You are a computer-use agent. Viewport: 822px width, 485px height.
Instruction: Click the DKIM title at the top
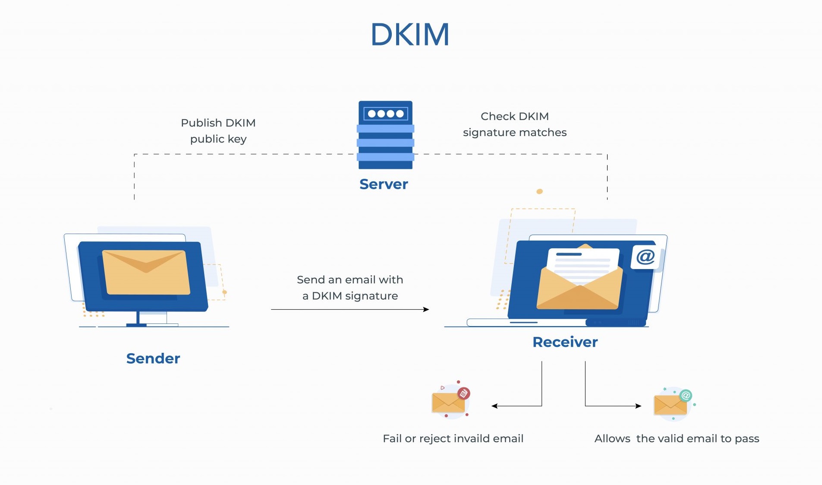[x=410, y=35]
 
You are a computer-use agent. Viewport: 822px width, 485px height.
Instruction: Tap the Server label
[x=384, y=184]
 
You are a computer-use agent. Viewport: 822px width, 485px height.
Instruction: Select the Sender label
[x=153, y=358]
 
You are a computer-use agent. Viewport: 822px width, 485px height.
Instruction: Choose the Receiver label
[x=565, y=342]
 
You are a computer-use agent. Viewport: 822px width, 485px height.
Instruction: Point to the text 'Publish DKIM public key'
[x=218, y=131]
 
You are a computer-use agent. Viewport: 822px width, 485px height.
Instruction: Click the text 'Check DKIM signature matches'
[x=514, y=124]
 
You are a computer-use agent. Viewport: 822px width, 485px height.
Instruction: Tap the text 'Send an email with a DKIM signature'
[x=350, y=288]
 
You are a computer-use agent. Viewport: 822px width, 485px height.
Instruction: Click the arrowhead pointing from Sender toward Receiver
[x=426, y=309]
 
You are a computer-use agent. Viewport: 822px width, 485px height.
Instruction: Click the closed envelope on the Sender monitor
[x=146, y=272]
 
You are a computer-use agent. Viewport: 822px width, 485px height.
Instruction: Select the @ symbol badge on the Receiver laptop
[x=646, y=257]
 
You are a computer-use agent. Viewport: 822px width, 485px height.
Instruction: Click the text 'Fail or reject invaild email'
[x=453, y=439]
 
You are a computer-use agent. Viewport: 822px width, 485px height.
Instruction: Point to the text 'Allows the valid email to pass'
[x=677, y=439]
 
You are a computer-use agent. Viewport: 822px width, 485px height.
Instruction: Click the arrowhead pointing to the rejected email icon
[x=494, y=406]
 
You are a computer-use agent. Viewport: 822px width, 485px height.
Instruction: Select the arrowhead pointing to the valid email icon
[x=639, y=406]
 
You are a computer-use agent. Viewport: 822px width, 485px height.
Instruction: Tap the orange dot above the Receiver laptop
[x=539, y=191]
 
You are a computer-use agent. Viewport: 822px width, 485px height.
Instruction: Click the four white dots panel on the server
[x=386, y=114]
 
